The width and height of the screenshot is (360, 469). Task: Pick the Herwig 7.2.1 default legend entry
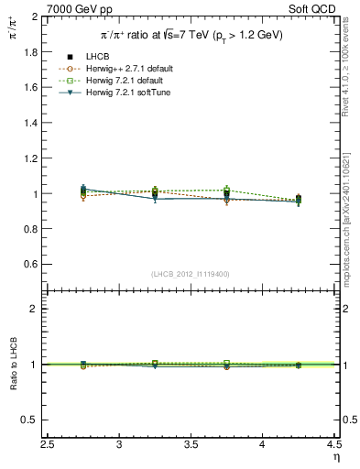[x=128, y=80]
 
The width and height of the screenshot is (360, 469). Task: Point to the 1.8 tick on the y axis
[x=29, y=52]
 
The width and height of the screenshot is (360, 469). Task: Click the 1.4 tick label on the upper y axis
[x=29, y=124]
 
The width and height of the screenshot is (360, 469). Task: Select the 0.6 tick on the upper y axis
[x=29, y=265]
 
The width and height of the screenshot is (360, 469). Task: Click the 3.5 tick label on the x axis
[x=191, y=445]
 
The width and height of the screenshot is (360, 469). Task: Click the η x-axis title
[x=335, y=458]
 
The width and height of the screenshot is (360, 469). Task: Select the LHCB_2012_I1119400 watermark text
[x=191, y=274]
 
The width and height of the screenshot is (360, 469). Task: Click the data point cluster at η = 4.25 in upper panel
[x=298, y=199]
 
